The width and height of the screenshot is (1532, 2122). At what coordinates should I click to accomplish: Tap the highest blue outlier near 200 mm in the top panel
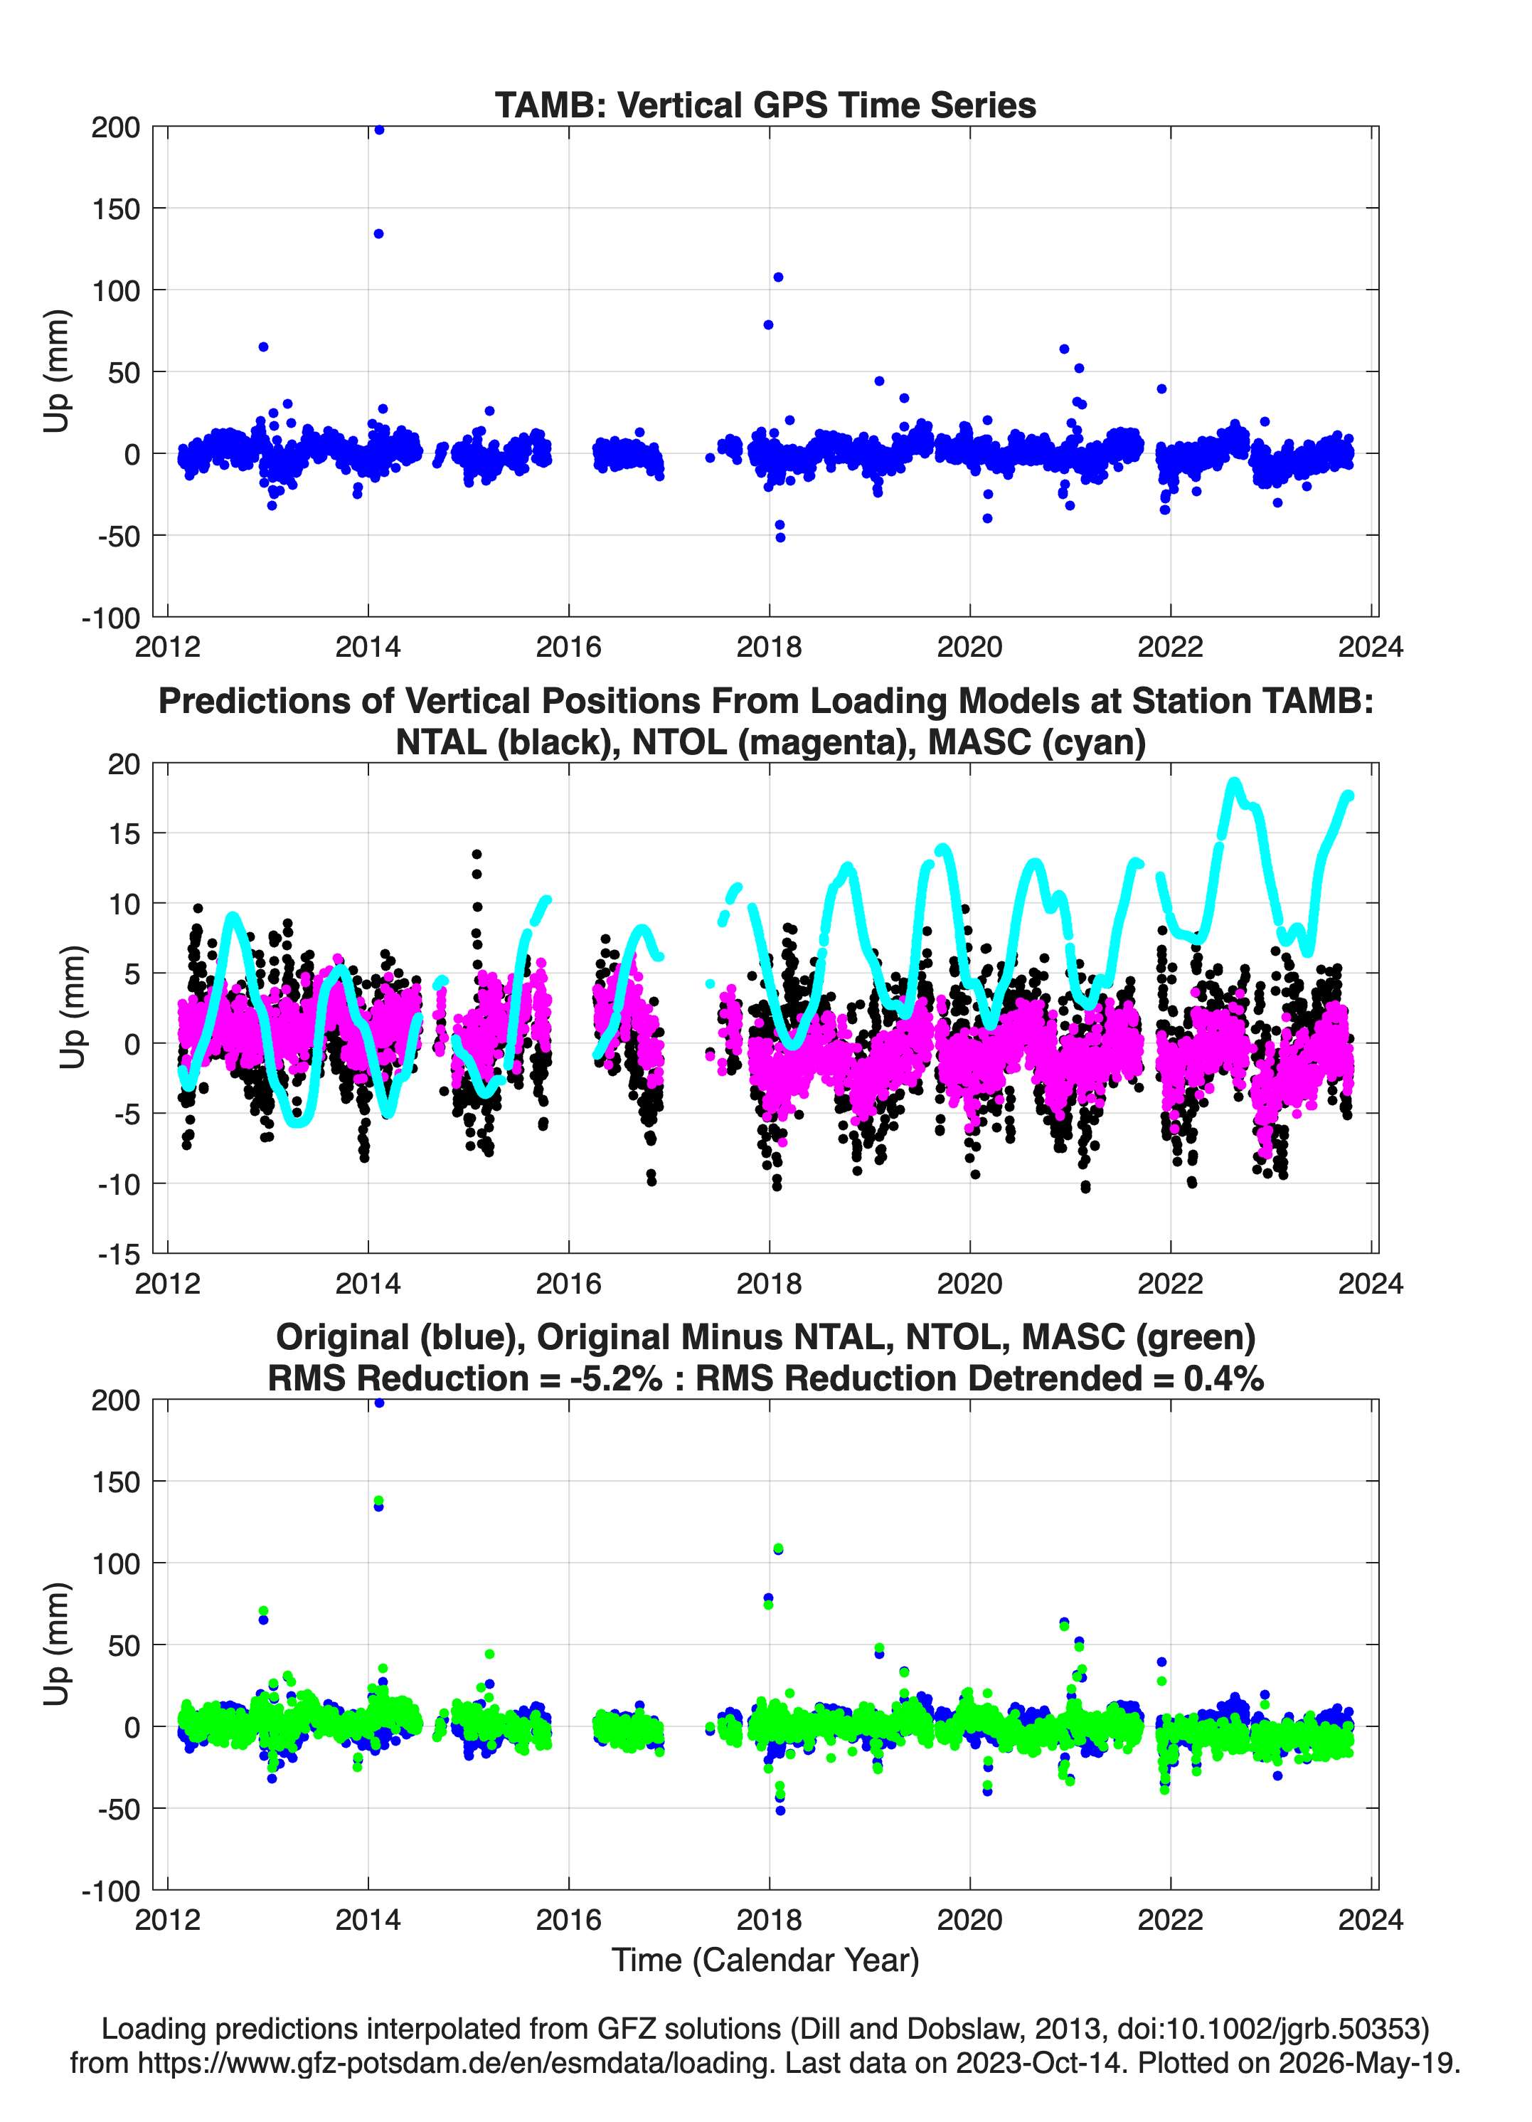click(x=379, y=130)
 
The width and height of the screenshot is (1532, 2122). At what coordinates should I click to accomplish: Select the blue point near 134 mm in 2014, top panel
click(x=378, y=234)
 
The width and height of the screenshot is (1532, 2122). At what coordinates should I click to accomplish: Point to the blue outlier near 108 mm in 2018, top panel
click(x=778, y=277)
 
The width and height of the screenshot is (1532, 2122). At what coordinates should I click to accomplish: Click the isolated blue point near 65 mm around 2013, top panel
click(x=264, y=347)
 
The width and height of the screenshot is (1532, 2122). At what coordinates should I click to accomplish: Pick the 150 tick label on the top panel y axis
click(x=116, y=208)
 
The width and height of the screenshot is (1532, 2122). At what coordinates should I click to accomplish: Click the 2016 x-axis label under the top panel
click(x=568, y=647)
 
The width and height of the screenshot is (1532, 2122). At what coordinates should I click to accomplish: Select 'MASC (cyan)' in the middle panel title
click(x=1037, y=742)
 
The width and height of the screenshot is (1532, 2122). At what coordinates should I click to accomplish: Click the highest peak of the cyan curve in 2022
click(x=1234, y=782)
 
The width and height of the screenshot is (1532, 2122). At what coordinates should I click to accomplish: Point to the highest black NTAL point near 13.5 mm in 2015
click(x=477, y=854)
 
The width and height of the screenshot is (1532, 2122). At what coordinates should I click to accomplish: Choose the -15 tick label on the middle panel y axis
click(x=119, y=1255)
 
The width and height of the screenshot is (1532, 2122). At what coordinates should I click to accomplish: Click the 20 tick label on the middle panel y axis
click(x=124, y=764)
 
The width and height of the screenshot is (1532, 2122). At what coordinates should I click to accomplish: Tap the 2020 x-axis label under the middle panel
click(x=970, y=1284)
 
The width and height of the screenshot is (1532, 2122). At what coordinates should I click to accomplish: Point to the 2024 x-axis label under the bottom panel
click(x=1371, y=1920)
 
